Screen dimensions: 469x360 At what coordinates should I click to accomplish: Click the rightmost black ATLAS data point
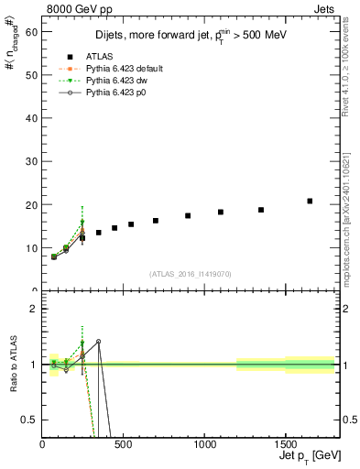point(310,201)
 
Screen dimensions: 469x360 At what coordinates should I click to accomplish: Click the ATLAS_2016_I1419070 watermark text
point(189,274)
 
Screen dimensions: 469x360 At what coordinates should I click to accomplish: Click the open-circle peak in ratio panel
point(98,341)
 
